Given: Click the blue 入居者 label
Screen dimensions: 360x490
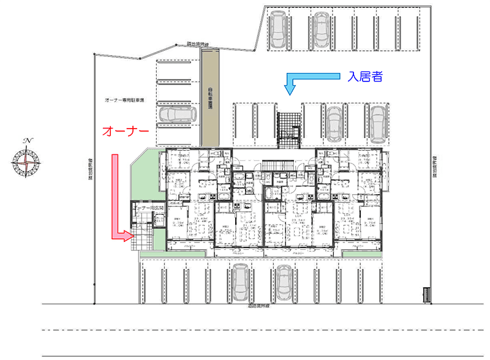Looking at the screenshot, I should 365,77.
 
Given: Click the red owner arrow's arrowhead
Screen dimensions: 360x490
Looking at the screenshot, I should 127,235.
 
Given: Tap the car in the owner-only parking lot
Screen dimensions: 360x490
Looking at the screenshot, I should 176,113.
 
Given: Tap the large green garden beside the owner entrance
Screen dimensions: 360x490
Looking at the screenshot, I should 146,175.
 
